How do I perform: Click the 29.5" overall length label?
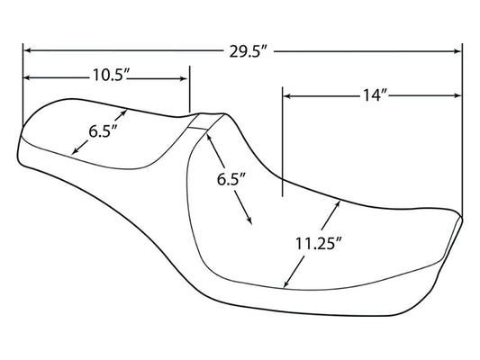[249, 51]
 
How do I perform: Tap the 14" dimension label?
[376, 94]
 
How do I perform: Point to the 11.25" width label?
[318, 244]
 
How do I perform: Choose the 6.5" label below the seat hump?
[231, 179]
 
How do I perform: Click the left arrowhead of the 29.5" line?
[27, 50]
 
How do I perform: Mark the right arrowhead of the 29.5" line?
[457, 51]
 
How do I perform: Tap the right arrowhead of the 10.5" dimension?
[184, 78]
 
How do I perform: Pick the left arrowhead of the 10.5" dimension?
[27, 77]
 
